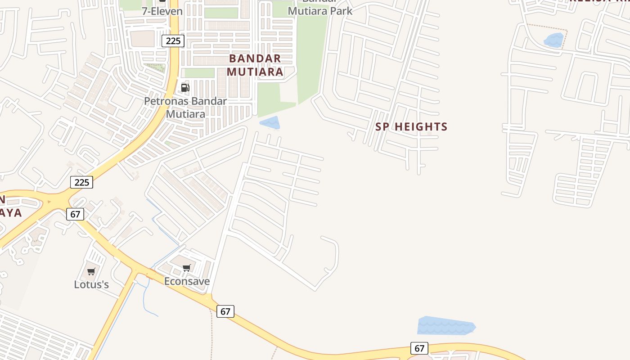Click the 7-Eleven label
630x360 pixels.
(162, 11)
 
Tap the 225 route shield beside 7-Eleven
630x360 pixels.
(173, 41)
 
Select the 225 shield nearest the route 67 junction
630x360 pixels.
(81, 182)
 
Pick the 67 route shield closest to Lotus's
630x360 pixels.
(75, 214)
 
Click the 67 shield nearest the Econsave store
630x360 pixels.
(225, 311)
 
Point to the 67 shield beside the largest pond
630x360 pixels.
(419, 348)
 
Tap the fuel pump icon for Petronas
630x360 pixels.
(185, 87)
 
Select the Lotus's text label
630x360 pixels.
(91, 284)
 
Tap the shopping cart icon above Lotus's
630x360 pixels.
(91, 271)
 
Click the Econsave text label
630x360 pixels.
(187, 282)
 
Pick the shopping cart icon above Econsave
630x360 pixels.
(187, 268)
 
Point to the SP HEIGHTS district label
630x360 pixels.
(411, 127)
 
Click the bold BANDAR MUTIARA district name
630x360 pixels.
(255, 65)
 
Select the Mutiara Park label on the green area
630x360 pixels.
(320, 10)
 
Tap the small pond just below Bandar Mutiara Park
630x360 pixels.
(270, 123)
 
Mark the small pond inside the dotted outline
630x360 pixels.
(554, 40)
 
